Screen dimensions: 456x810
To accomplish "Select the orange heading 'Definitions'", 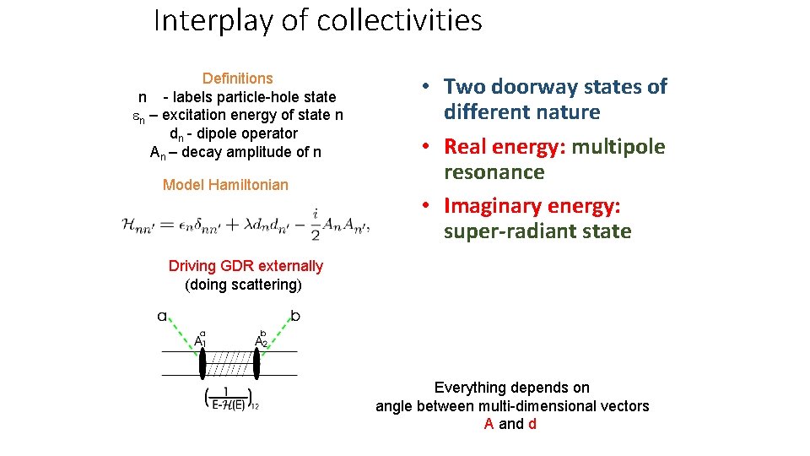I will click(237, 79).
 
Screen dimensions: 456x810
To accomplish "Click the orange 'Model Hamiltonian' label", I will click(225, 185).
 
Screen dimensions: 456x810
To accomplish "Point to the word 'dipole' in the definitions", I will click(226, 133).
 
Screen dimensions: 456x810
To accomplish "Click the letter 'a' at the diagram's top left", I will click(162, 318).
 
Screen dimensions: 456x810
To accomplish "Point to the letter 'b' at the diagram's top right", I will click(294, 317).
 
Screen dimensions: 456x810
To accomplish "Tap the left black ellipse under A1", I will click(202, 364).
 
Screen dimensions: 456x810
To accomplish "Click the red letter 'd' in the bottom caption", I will click(532, 424).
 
